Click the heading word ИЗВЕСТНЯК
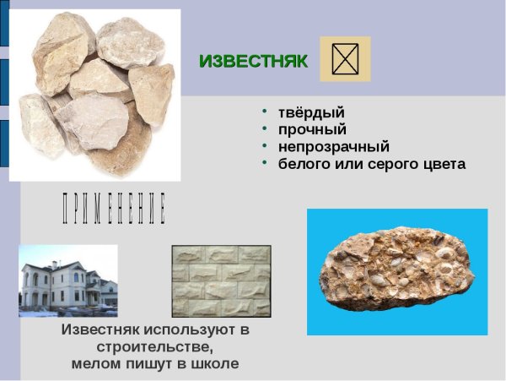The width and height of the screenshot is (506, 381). (253, 61)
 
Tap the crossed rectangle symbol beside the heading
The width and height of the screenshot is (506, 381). (344, 59)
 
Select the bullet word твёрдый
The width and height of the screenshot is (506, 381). (311, 112)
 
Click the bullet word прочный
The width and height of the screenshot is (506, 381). (312, 129)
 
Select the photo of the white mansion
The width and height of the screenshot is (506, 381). (68, 280)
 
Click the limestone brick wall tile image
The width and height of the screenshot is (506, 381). (221, 280)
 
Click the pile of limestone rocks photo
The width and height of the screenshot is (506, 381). (94, 93)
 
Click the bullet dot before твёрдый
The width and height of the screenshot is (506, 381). (264, 112)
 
